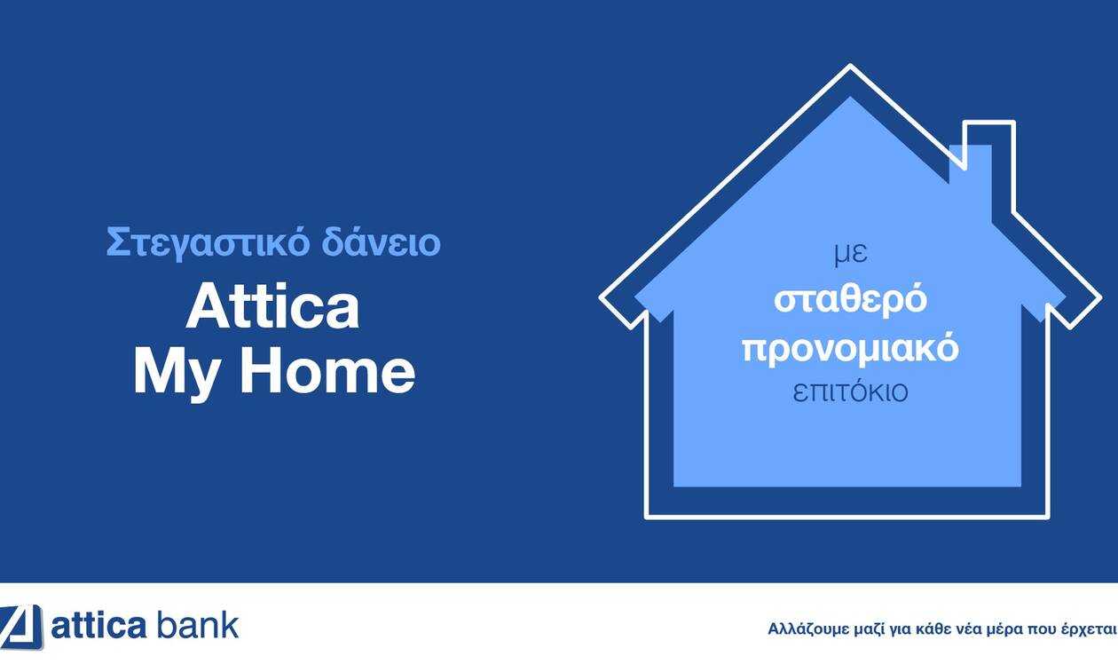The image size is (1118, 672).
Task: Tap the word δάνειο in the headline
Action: click(381, 241)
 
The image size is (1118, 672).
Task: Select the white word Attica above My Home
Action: click(272, 305)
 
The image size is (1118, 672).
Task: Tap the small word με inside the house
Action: click(851, 254)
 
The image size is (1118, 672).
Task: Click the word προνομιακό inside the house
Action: click(850, 348)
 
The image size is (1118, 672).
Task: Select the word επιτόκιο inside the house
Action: click(850, 391)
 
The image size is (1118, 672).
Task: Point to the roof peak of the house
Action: click(850, 66)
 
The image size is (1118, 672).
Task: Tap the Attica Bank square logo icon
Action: click(21, 627)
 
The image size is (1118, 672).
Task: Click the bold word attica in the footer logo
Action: click(98, 626)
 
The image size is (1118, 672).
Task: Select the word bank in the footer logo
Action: click(198, 624)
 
